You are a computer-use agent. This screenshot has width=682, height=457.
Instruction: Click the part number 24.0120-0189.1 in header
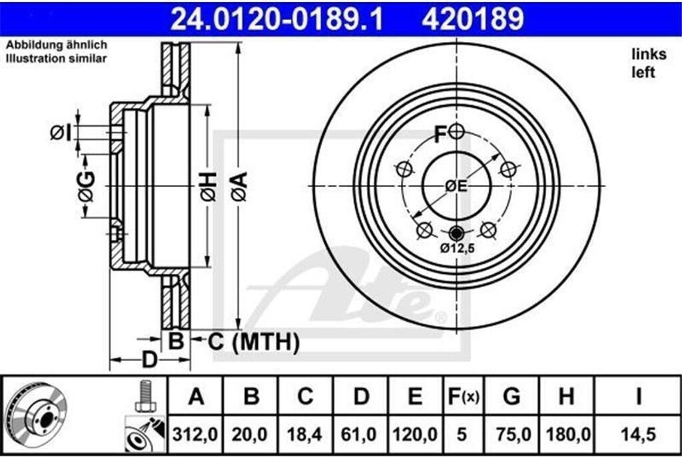[x=277, y=19]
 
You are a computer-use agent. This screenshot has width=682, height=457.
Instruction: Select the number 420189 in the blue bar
[x=472, y=19]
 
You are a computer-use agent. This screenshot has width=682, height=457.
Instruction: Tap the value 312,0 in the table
[x=196, y=434]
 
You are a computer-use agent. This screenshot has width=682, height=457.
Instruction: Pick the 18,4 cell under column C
[x=305, y=434]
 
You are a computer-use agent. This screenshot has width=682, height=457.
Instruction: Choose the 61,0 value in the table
[x=360, y=434]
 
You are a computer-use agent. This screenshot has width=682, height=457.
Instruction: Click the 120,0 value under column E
[x=415, y=434]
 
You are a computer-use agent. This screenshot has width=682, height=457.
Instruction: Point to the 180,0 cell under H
[x=566, y=434]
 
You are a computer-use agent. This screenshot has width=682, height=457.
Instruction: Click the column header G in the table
[x=511, y=397]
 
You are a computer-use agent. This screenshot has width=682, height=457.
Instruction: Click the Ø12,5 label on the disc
[x=456, y=250]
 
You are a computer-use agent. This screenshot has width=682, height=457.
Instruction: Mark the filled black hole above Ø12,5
[x=456, y=233]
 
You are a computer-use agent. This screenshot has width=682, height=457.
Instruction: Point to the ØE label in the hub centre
[x=456, y=187]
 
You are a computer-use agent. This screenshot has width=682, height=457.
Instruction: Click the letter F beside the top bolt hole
[x=440, y=135]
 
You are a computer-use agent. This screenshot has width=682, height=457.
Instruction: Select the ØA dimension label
[x=239, y=186]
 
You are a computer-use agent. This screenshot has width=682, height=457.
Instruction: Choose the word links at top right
[x=644, y=55]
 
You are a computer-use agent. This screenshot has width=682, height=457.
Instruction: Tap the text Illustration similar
[x=56, y=59]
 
